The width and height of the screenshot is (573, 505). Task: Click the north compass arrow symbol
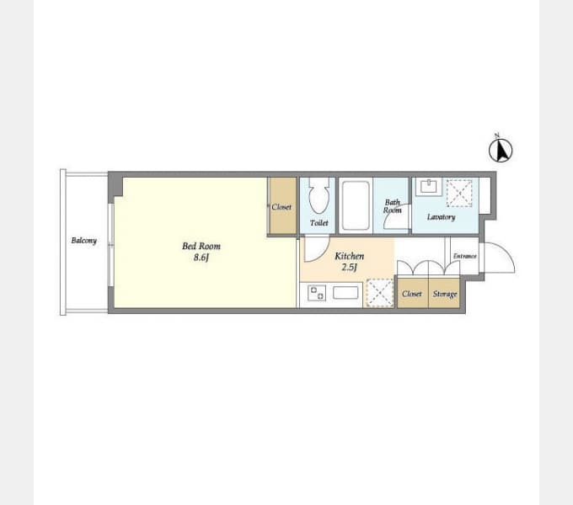point(501,150)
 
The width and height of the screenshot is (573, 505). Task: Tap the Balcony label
point(84,241)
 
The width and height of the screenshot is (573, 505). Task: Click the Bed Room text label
point(201,246)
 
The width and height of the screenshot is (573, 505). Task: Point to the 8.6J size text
point(201,258)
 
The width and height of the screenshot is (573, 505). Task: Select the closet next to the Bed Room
point(283,205)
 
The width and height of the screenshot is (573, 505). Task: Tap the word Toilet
point(319,222)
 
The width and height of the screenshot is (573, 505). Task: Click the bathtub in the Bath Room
point(356,205)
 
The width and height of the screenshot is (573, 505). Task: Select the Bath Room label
point(393,206)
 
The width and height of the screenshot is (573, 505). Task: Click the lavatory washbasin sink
point(429,187)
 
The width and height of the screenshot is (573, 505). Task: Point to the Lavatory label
point(442,217)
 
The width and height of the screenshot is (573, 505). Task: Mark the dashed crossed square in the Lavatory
point(459,193)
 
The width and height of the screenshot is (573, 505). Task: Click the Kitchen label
point(350,256)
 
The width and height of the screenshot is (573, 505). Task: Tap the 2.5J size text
point(349,267)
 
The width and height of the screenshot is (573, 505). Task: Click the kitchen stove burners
point(317,293)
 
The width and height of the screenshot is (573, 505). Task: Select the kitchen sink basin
point(345,293)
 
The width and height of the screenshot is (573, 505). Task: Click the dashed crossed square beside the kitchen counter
point(380,293)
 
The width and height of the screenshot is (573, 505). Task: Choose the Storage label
point(445,294)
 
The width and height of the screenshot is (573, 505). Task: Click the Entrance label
point(465,256)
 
